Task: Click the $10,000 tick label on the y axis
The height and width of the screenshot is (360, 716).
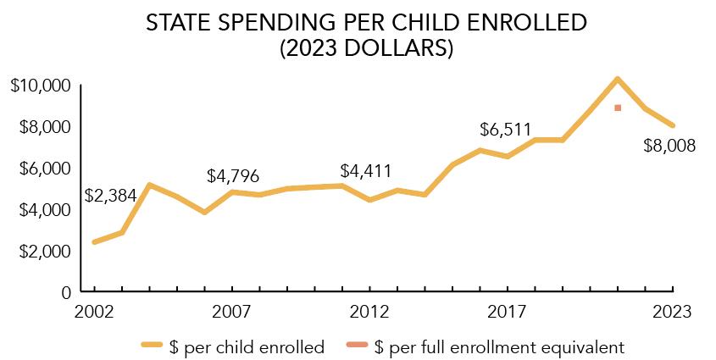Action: [40, 86]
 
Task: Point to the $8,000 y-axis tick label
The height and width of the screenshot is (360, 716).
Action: [43, 127]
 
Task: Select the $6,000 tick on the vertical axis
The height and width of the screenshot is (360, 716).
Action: [43, 169]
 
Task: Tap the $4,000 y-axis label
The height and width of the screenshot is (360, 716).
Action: [43, 209]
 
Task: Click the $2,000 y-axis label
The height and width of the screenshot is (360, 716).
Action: [43, 252]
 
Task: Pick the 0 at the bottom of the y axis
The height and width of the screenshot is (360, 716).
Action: [66, 292]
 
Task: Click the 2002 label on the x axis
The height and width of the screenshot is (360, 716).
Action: [94, 312]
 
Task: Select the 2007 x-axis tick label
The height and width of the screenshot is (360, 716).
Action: [232, 312]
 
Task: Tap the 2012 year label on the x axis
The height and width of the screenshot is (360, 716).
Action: [369, 312]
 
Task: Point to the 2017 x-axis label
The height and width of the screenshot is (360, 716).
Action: [508, 312]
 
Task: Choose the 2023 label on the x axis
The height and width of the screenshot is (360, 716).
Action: [673, 312]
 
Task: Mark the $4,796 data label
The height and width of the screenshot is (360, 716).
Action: [233, 176]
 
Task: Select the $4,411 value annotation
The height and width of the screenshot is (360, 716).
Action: [365, 171]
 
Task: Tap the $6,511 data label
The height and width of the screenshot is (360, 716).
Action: [506, 130]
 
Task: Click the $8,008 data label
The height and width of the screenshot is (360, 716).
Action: [669, 146]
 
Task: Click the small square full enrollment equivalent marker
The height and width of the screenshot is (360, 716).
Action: [618, 108]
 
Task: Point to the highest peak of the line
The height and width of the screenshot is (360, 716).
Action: [618, 79]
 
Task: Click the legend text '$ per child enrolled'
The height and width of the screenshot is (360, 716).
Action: [247, 346]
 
